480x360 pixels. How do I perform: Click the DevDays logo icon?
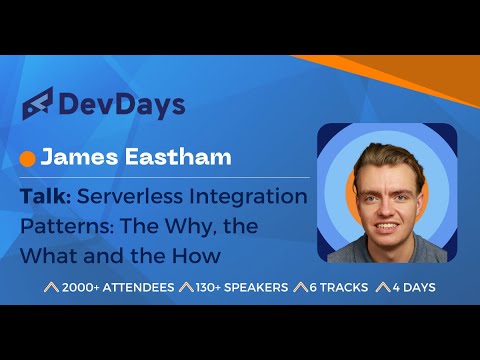point(38,104)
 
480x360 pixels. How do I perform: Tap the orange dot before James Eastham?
point(28,157)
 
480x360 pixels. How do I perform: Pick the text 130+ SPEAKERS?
point(234,288)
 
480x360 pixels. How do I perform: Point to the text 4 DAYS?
point(414,288)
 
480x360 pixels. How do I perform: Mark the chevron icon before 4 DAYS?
point(381,288)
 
